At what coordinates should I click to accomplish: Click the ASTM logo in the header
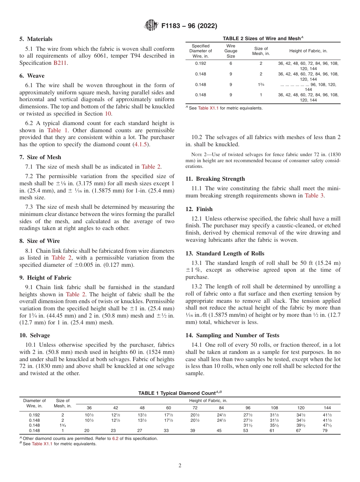point(151,26)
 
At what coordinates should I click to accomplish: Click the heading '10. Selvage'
point(34,335)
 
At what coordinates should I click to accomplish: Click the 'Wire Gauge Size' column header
point(230,51)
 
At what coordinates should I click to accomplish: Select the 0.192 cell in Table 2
point(200,64)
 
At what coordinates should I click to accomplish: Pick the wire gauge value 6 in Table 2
point(230,64)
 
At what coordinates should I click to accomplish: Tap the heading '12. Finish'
point(199,209)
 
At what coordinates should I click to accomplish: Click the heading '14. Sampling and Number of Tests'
point(232,335)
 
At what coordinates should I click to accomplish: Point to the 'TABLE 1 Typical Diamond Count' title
point(180,393)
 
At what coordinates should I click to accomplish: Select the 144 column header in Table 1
point(327,408)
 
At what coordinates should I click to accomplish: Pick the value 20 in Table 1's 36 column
point(87,430)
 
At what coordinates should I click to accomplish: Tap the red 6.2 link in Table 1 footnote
point(115,438)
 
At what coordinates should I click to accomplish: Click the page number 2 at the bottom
point(180,466)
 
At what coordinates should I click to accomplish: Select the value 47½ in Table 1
point(327,425)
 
